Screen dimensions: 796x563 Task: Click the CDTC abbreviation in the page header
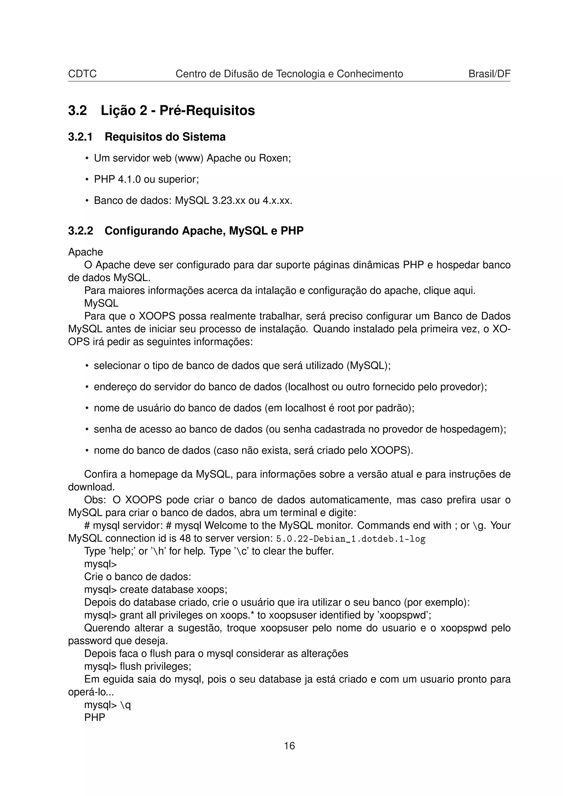click(82, 74)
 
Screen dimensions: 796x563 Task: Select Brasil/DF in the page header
click(489, 74)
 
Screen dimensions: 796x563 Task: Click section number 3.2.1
click(80, 137)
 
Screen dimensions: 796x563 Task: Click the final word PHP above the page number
click(94, 717)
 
